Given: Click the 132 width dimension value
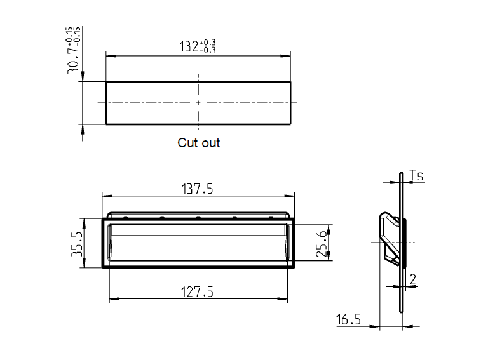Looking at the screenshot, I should tap(189, 46).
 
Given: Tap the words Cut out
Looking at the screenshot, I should tap(198, 143).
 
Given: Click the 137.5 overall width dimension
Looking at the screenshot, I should tap(198, 189).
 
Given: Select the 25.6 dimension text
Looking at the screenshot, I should tap(322, 243).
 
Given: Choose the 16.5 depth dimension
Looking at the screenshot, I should tap(348, 319).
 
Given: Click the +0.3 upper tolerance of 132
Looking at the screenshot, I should tap(208, 43).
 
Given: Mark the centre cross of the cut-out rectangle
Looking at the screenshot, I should tap(198, 103).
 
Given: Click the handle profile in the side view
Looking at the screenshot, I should tap(390, 238).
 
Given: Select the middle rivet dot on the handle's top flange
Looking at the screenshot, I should tap(198, 217).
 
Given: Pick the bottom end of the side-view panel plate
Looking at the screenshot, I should tap(402, 310).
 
